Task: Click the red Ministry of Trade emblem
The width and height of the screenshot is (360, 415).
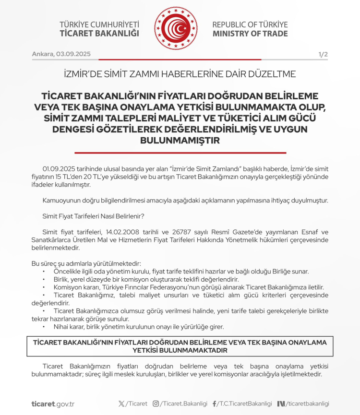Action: pyautogui.click(x=176, y=29)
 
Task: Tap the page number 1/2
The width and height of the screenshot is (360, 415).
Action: pyautogui.click(x=323, y=54)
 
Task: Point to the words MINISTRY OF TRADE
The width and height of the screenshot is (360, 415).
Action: pyautogui.click(x=250, y=34)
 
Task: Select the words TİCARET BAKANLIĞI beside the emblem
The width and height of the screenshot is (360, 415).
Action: pyautogui.click(x=99, y=34)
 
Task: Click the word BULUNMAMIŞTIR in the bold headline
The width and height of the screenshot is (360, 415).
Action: pyautogui.click(x=180, y=141)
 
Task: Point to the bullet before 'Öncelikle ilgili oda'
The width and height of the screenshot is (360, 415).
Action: pyautogui.click(x=44, y=272)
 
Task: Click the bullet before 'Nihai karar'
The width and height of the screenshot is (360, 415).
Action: pyautogui.click(x=44, y=327)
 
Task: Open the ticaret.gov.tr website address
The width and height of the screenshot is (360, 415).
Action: pyautogui.click(x=53, y=404)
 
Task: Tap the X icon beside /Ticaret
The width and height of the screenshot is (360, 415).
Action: pyautogui.click(x=121, y=404)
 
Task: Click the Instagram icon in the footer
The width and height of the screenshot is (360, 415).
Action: pyautogui.click(x=156, y=404)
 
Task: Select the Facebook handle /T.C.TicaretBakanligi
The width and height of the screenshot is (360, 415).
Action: pyautogui.click(x=245, y=404)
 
